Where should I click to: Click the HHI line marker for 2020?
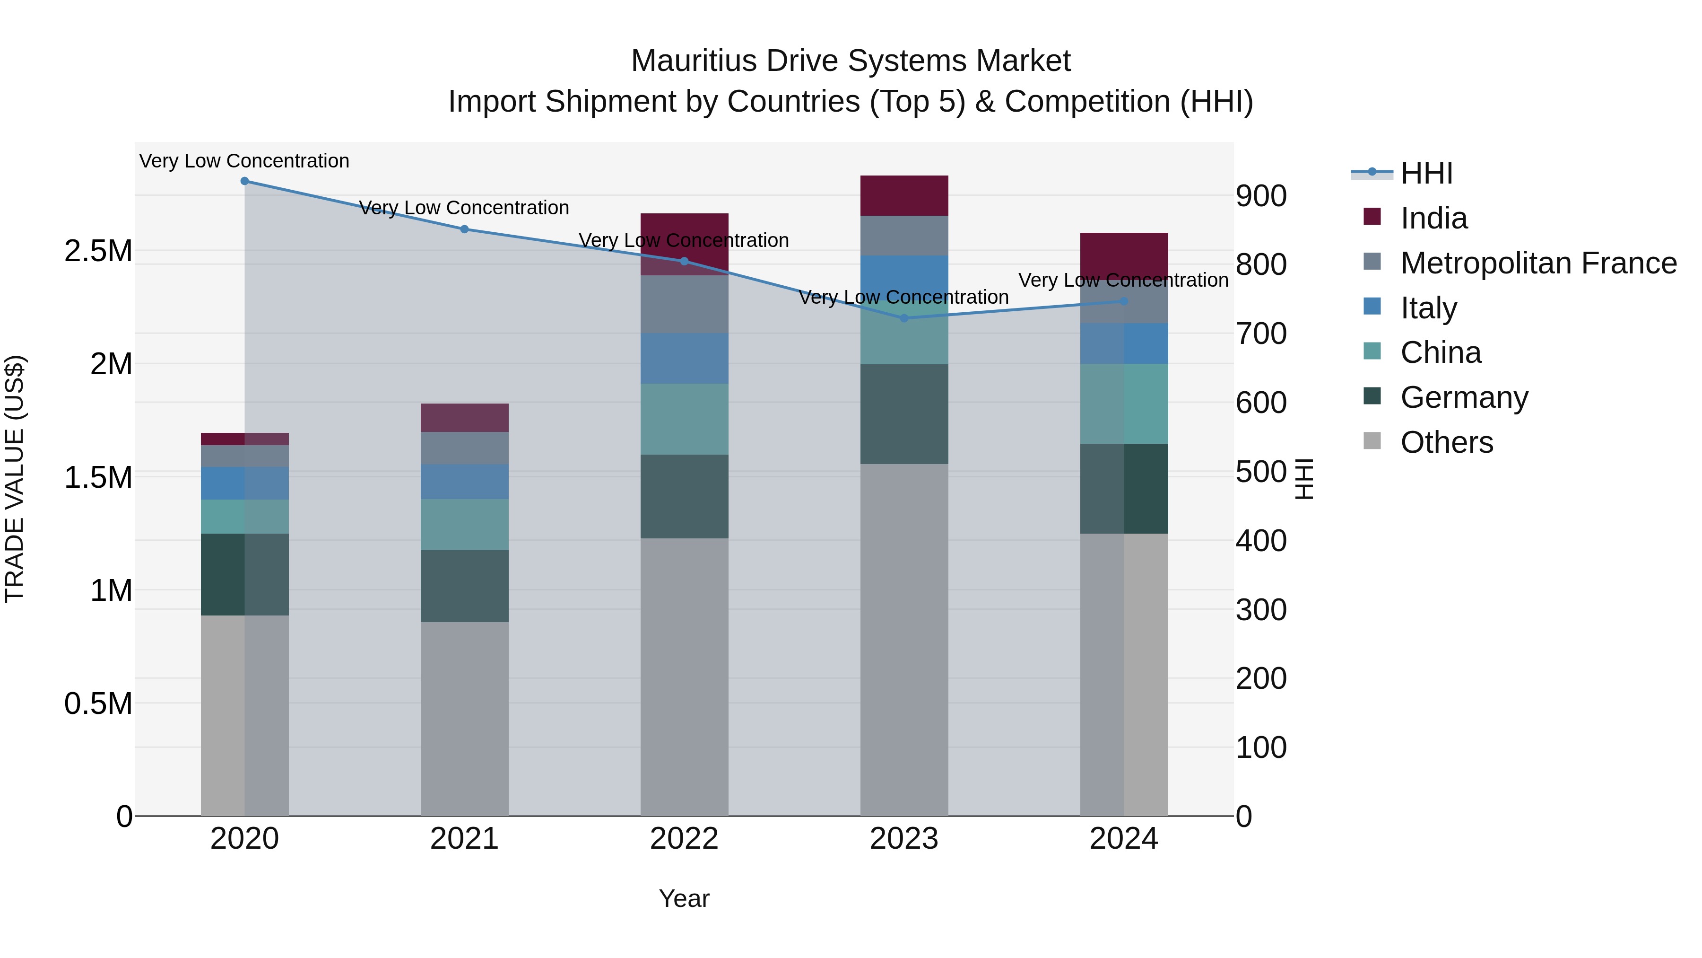pos(244,181)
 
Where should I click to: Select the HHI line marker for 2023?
pos(904,318)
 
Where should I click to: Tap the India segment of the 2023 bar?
pos(904,196)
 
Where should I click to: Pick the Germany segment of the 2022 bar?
pos(684,497)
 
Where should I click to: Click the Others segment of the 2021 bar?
pos(464,719)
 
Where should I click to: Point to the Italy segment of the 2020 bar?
pos(244,483)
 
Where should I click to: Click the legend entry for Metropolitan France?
pos(1538,263)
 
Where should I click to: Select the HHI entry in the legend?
pos(1426,173)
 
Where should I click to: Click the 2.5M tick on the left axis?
pos(98,251)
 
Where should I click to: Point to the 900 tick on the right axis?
pos(1260,196)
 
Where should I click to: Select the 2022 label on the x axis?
pos(684,839)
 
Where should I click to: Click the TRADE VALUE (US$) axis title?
pos(15,479)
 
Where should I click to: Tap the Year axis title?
pos(684,898)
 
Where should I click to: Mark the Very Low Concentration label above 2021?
pos(464,208)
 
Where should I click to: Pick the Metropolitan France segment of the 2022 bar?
pos(684,304)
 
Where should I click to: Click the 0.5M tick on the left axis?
pos(98,703)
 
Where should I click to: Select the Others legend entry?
pos(1446,442)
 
